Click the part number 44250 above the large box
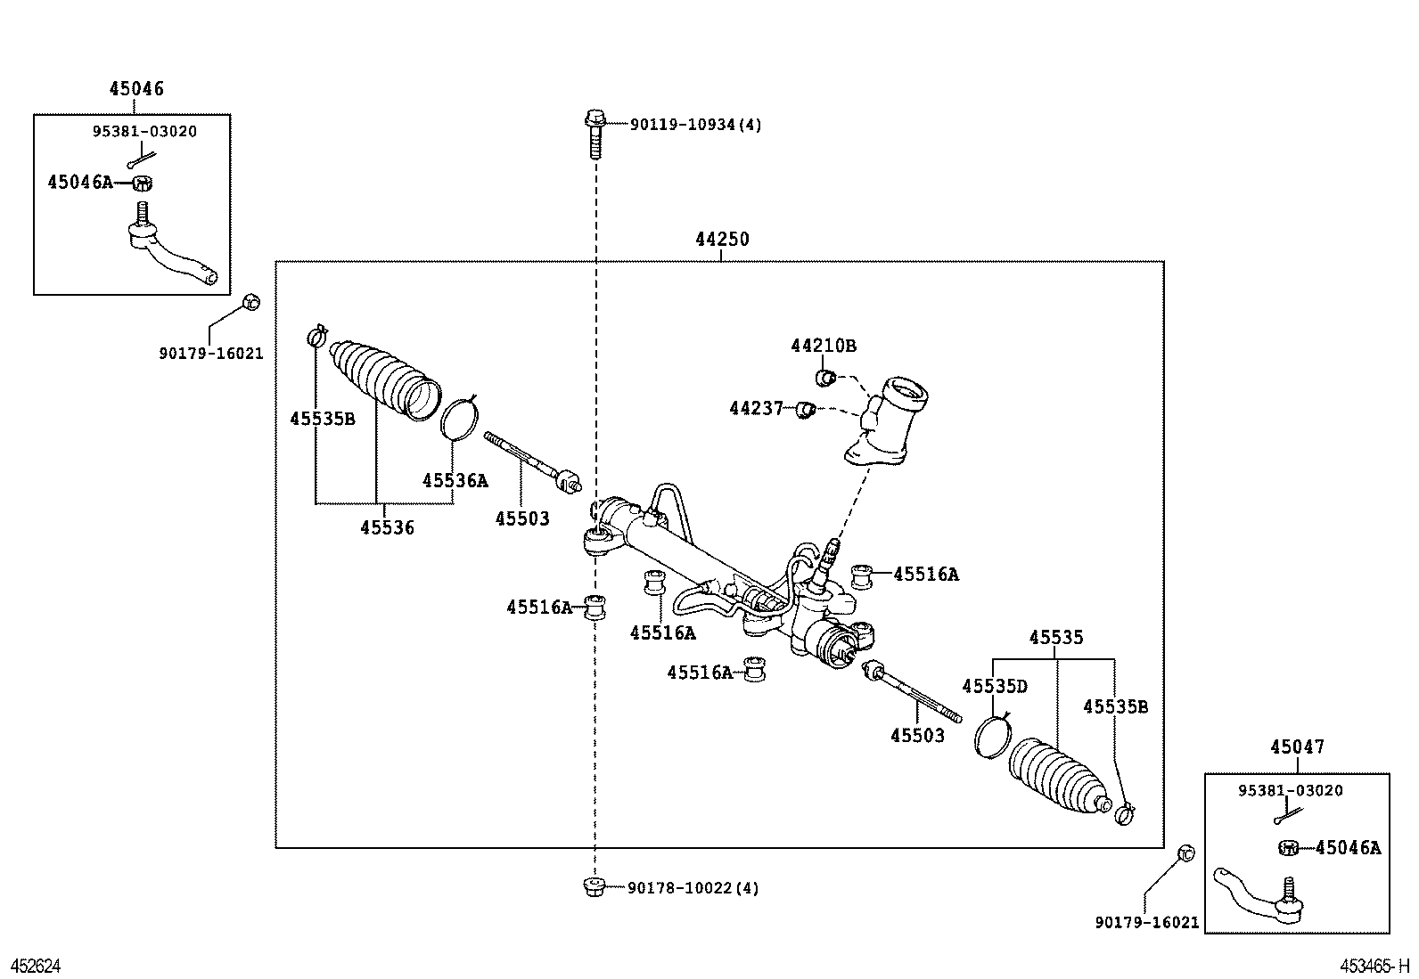(722, 240)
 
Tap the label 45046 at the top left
(136, 88)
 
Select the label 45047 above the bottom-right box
(1297, 747)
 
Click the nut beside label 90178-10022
(594, 886)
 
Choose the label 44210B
(823, 346)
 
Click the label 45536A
(455, 480)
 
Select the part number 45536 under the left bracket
(387, 527)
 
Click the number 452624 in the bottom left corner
(36, 967)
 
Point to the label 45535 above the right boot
(1056, 638)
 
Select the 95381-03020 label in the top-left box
(144, 132)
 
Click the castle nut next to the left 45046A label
(142, 184)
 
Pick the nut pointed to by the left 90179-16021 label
(251, 302)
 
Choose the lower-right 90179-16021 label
(1146, 923)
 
